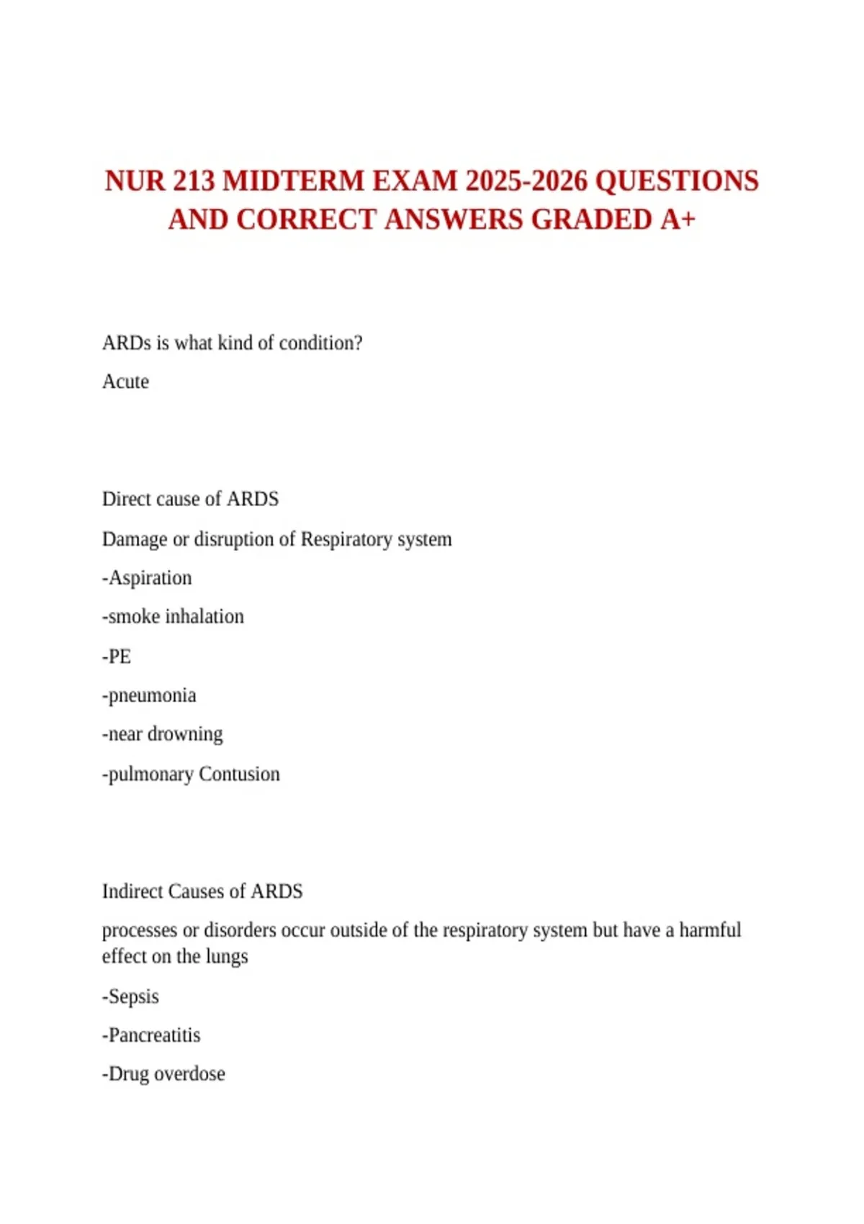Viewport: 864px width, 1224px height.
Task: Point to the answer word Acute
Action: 125,382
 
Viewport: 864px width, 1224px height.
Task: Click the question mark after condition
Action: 358,343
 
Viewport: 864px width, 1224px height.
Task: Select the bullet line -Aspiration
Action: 147,578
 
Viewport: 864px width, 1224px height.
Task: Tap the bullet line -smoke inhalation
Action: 173,617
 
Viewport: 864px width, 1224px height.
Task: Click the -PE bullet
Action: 117,657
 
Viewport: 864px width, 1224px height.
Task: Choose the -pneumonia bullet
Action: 149,696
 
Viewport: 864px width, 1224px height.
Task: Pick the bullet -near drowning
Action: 163,734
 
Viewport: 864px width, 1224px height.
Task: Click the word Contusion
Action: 239,774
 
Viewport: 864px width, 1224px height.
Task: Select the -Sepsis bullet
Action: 130,996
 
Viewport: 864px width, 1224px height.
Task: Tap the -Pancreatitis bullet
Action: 151,1035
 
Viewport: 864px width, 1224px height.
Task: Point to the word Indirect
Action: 132,891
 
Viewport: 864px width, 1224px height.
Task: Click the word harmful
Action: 710,930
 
